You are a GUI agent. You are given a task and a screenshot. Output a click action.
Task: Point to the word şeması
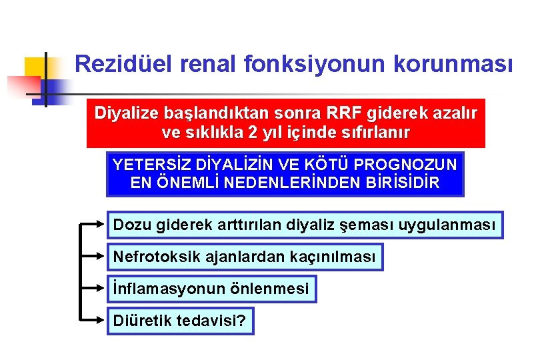[370, 225]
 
